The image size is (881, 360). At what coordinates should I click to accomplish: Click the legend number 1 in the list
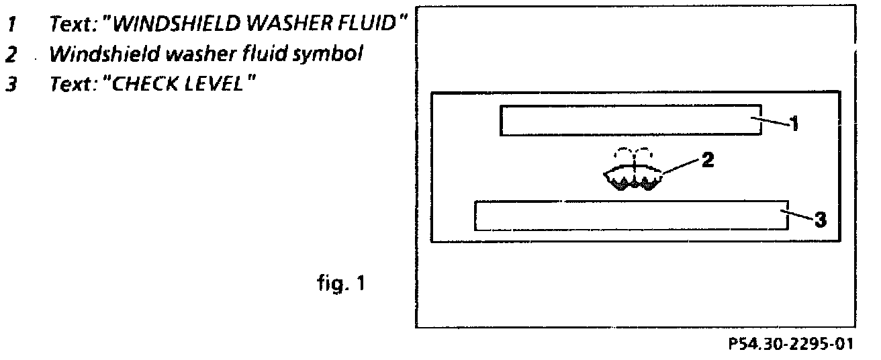tap(11, 25)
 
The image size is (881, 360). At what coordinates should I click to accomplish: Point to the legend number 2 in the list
tap(11, 54)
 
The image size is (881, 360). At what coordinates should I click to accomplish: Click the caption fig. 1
tap(340, 284)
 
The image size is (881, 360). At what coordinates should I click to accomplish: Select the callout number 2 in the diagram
tap(708, 160)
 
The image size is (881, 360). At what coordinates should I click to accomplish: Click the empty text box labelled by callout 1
tap(631, 120)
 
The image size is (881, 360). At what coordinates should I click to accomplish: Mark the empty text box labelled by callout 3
tap(631, 216)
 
